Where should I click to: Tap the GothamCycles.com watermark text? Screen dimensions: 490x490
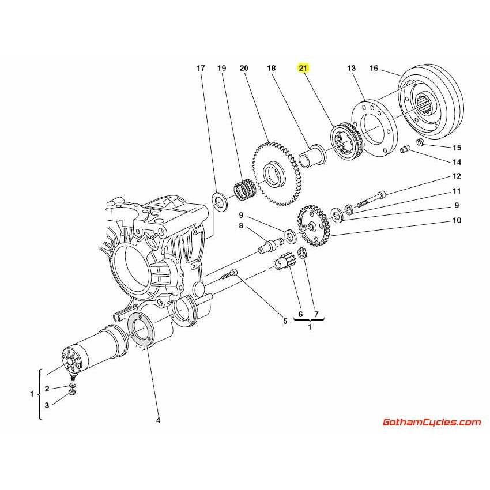pos(431,422)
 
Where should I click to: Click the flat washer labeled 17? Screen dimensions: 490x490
pos(219,200)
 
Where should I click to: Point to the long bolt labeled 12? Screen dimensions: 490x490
pos(369,199)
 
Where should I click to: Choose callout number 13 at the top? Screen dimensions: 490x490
pos(352,69)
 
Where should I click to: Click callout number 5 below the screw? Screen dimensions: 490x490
pos(284,321)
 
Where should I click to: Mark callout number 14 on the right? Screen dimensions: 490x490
pos(456,162)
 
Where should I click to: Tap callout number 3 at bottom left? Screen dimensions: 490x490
pos(47,405)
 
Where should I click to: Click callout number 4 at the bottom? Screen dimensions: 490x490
pos(158,420)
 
